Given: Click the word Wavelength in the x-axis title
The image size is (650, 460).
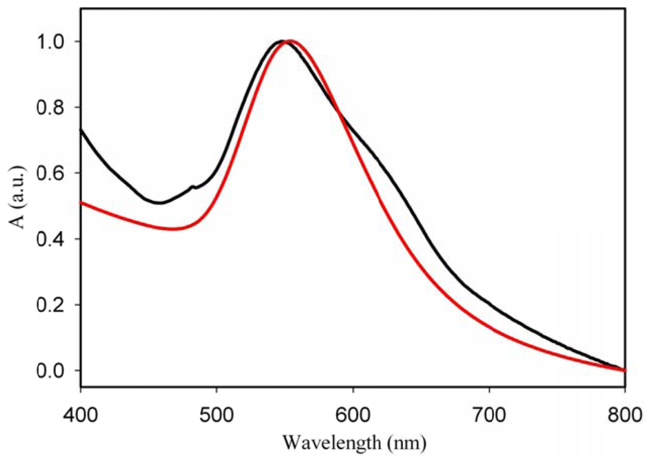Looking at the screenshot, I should [x=329, y=443].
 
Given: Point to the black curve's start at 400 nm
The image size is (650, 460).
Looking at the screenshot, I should [x=81, y=130].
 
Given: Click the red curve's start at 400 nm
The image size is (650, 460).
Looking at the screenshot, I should [x=81, y=203].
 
